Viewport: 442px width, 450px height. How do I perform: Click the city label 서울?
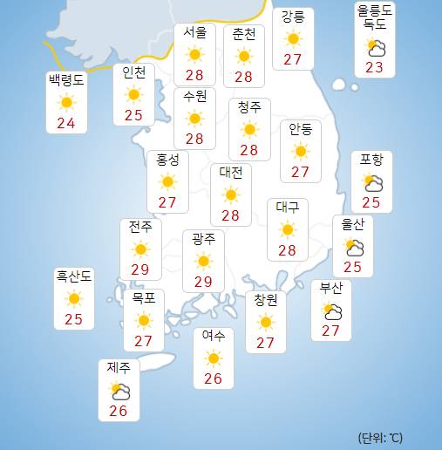[194, 33]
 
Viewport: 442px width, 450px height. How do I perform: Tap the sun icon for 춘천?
[243, 56]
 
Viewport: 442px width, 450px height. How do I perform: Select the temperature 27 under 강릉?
[292, 59]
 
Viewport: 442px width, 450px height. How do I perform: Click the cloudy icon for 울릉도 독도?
[377, 47]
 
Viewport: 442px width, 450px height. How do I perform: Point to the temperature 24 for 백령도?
[65, 123]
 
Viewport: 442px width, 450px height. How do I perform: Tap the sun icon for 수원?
[194, 118]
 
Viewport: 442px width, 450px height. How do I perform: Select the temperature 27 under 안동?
[301, 172]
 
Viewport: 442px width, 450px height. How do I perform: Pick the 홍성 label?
[167, 160]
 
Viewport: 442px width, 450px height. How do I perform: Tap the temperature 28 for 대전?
[230, 215]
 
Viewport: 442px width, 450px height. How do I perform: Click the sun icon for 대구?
[287, 230]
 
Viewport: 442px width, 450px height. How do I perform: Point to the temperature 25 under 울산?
[353, 267]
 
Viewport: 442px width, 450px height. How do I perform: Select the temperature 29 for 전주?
[139, 270]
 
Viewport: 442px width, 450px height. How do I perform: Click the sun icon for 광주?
[203, 261]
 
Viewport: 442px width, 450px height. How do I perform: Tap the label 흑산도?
[74, 277]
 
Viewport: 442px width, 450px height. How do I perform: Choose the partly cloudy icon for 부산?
[331, 310]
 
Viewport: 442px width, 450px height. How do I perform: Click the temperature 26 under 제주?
[119, 412]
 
